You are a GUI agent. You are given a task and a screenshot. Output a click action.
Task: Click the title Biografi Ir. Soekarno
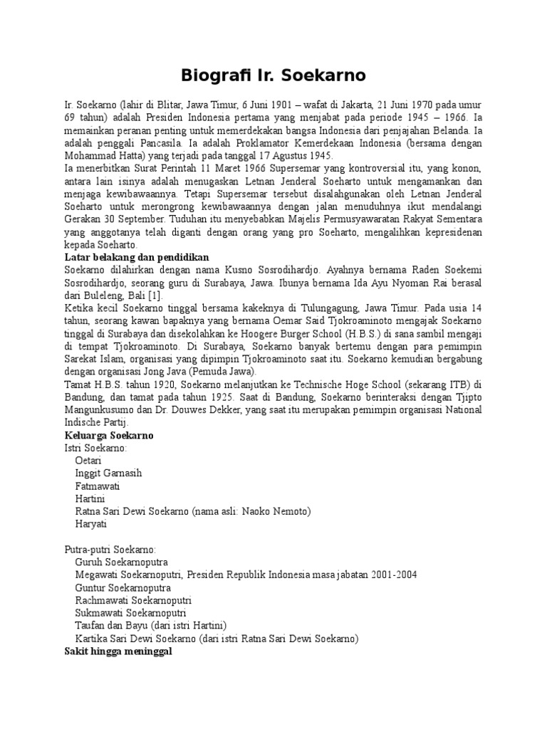[x=273, y=74]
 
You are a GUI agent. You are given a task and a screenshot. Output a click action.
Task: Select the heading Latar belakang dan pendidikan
[x=135, y=256]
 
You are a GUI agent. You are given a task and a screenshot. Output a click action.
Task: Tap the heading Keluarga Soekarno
[x=109, y=435]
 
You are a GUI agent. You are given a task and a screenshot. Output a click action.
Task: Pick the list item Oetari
[x=88, y=461]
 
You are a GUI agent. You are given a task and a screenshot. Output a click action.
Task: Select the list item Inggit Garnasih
[x=108, y=473]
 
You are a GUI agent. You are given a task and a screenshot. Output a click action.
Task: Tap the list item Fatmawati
[x=97, y=486]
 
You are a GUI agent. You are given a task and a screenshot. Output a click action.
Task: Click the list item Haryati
[x=90, y=524]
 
